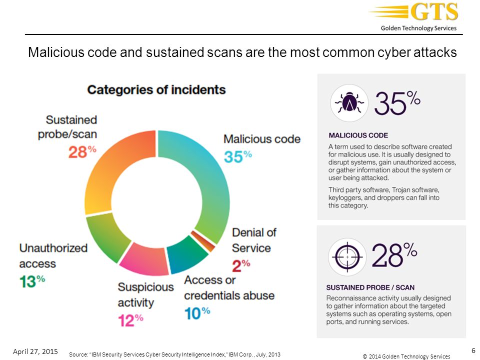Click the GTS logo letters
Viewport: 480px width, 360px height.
[434, 11]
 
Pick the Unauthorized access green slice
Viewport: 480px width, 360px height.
[105, 235]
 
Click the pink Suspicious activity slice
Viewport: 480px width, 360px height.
[144, 260]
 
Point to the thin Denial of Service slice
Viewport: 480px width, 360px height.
[202, 241]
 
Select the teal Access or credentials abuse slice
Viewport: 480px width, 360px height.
[186, 254]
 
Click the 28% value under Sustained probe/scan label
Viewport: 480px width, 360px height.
[82, 151]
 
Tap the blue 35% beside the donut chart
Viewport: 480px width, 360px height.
[238, 156]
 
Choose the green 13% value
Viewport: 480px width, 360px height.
[32, 281]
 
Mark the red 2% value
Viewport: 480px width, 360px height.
[241, 265]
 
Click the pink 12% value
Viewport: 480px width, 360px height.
[130, 320]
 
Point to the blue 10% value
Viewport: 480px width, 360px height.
[197, 313]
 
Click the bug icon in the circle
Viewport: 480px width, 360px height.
[349, 103]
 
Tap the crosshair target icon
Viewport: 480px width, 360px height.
[347, 257]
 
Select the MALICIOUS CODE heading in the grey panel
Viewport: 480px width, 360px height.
[358, 135]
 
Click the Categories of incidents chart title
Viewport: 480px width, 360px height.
[156, 90]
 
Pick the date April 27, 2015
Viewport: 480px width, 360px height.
[35, 351]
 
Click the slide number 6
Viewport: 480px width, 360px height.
[473, 350]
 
